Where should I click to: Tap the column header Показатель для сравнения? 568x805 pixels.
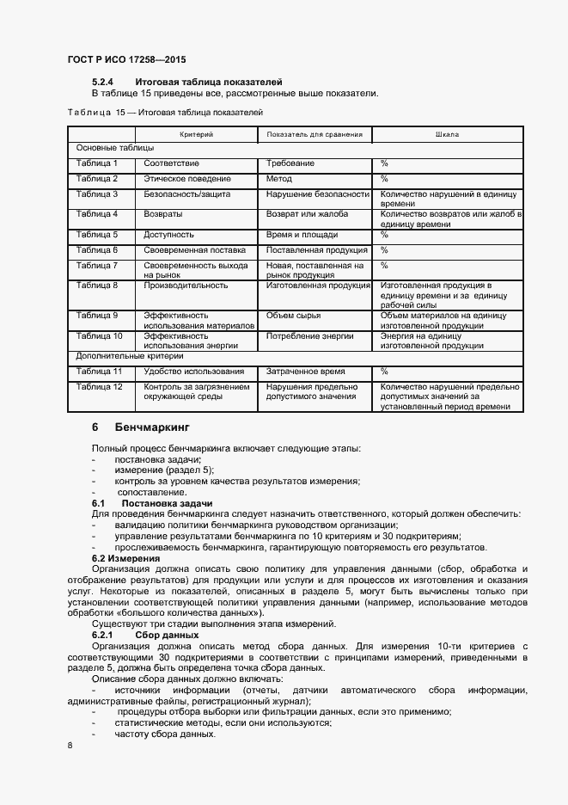click(315, 135)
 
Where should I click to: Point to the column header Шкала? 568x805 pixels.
click(447, 135)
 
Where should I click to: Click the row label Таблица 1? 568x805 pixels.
click(97, 163)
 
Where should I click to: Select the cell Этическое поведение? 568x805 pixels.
click(187, 179)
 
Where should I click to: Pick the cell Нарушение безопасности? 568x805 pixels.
click(317, 194)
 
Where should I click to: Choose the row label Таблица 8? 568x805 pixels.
click(97, 285)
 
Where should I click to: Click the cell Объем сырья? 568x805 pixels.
click(295, 316)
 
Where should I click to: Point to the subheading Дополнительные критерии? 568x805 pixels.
click(118, 355)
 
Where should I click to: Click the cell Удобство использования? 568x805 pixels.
click(194, 372)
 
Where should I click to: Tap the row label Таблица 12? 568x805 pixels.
click(100, 387)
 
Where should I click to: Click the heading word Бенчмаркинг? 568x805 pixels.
click(151, 427)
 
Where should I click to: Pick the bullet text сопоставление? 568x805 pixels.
click(150, 492)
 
